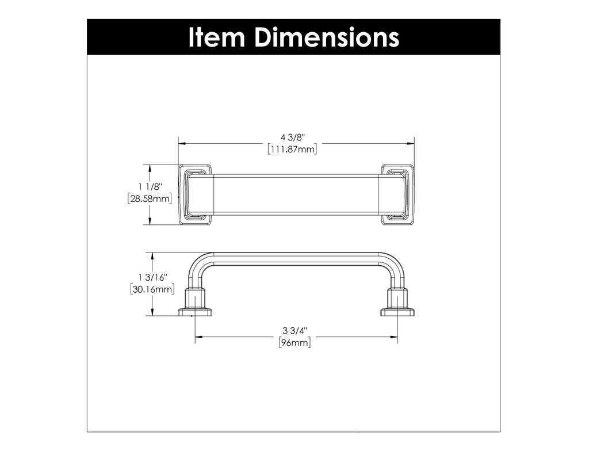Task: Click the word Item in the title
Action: pos(217,37)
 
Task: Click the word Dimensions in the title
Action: pos(326,37)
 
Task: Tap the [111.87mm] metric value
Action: pos(292,150)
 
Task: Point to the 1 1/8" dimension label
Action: pos(151,187)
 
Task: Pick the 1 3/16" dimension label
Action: pos(152,277)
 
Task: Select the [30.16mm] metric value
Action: pos(152,289)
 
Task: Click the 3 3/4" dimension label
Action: pos(295,331)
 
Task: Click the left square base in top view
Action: pos(196,194)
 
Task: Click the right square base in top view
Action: pos(397,194)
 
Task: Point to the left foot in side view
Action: pos(195,305)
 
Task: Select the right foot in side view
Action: pos(397,305)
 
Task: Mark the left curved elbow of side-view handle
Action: pos(199,263)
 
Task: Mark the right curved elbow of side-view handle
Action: pos(393,263)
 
